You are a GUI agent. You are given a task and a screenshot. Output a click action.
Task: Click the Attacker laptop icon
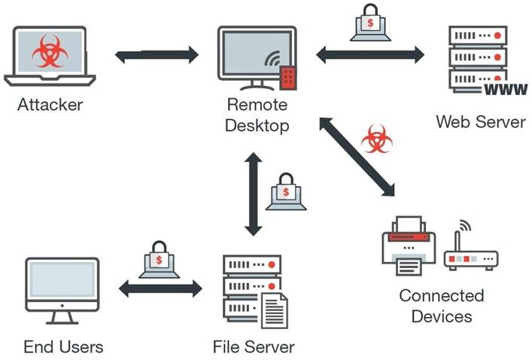(50, 57)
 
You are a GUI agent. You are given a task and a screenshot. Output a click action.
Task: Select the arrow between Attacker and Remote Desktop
(157, 55)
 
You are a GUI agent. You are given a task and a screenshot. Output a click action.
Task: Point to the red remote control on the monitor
(287, 76)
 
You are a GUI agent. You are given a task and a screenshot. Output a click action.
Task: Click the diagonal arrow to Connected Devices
(357, 157)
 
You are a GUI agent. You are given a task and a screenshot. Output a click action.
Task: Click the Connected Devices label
(441, 304)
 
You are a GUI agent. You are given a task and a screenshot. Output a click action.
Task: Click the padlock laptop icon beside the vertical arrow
(286, 191)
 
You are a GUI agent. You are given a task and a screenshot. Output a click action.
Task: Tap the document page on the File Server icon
(273, 310)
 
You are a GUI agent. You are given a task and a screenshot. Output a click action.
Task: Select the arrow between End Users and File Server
(162, 288)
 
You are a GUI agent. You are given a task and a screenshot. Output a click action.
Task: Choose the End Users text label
(63, 347)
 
